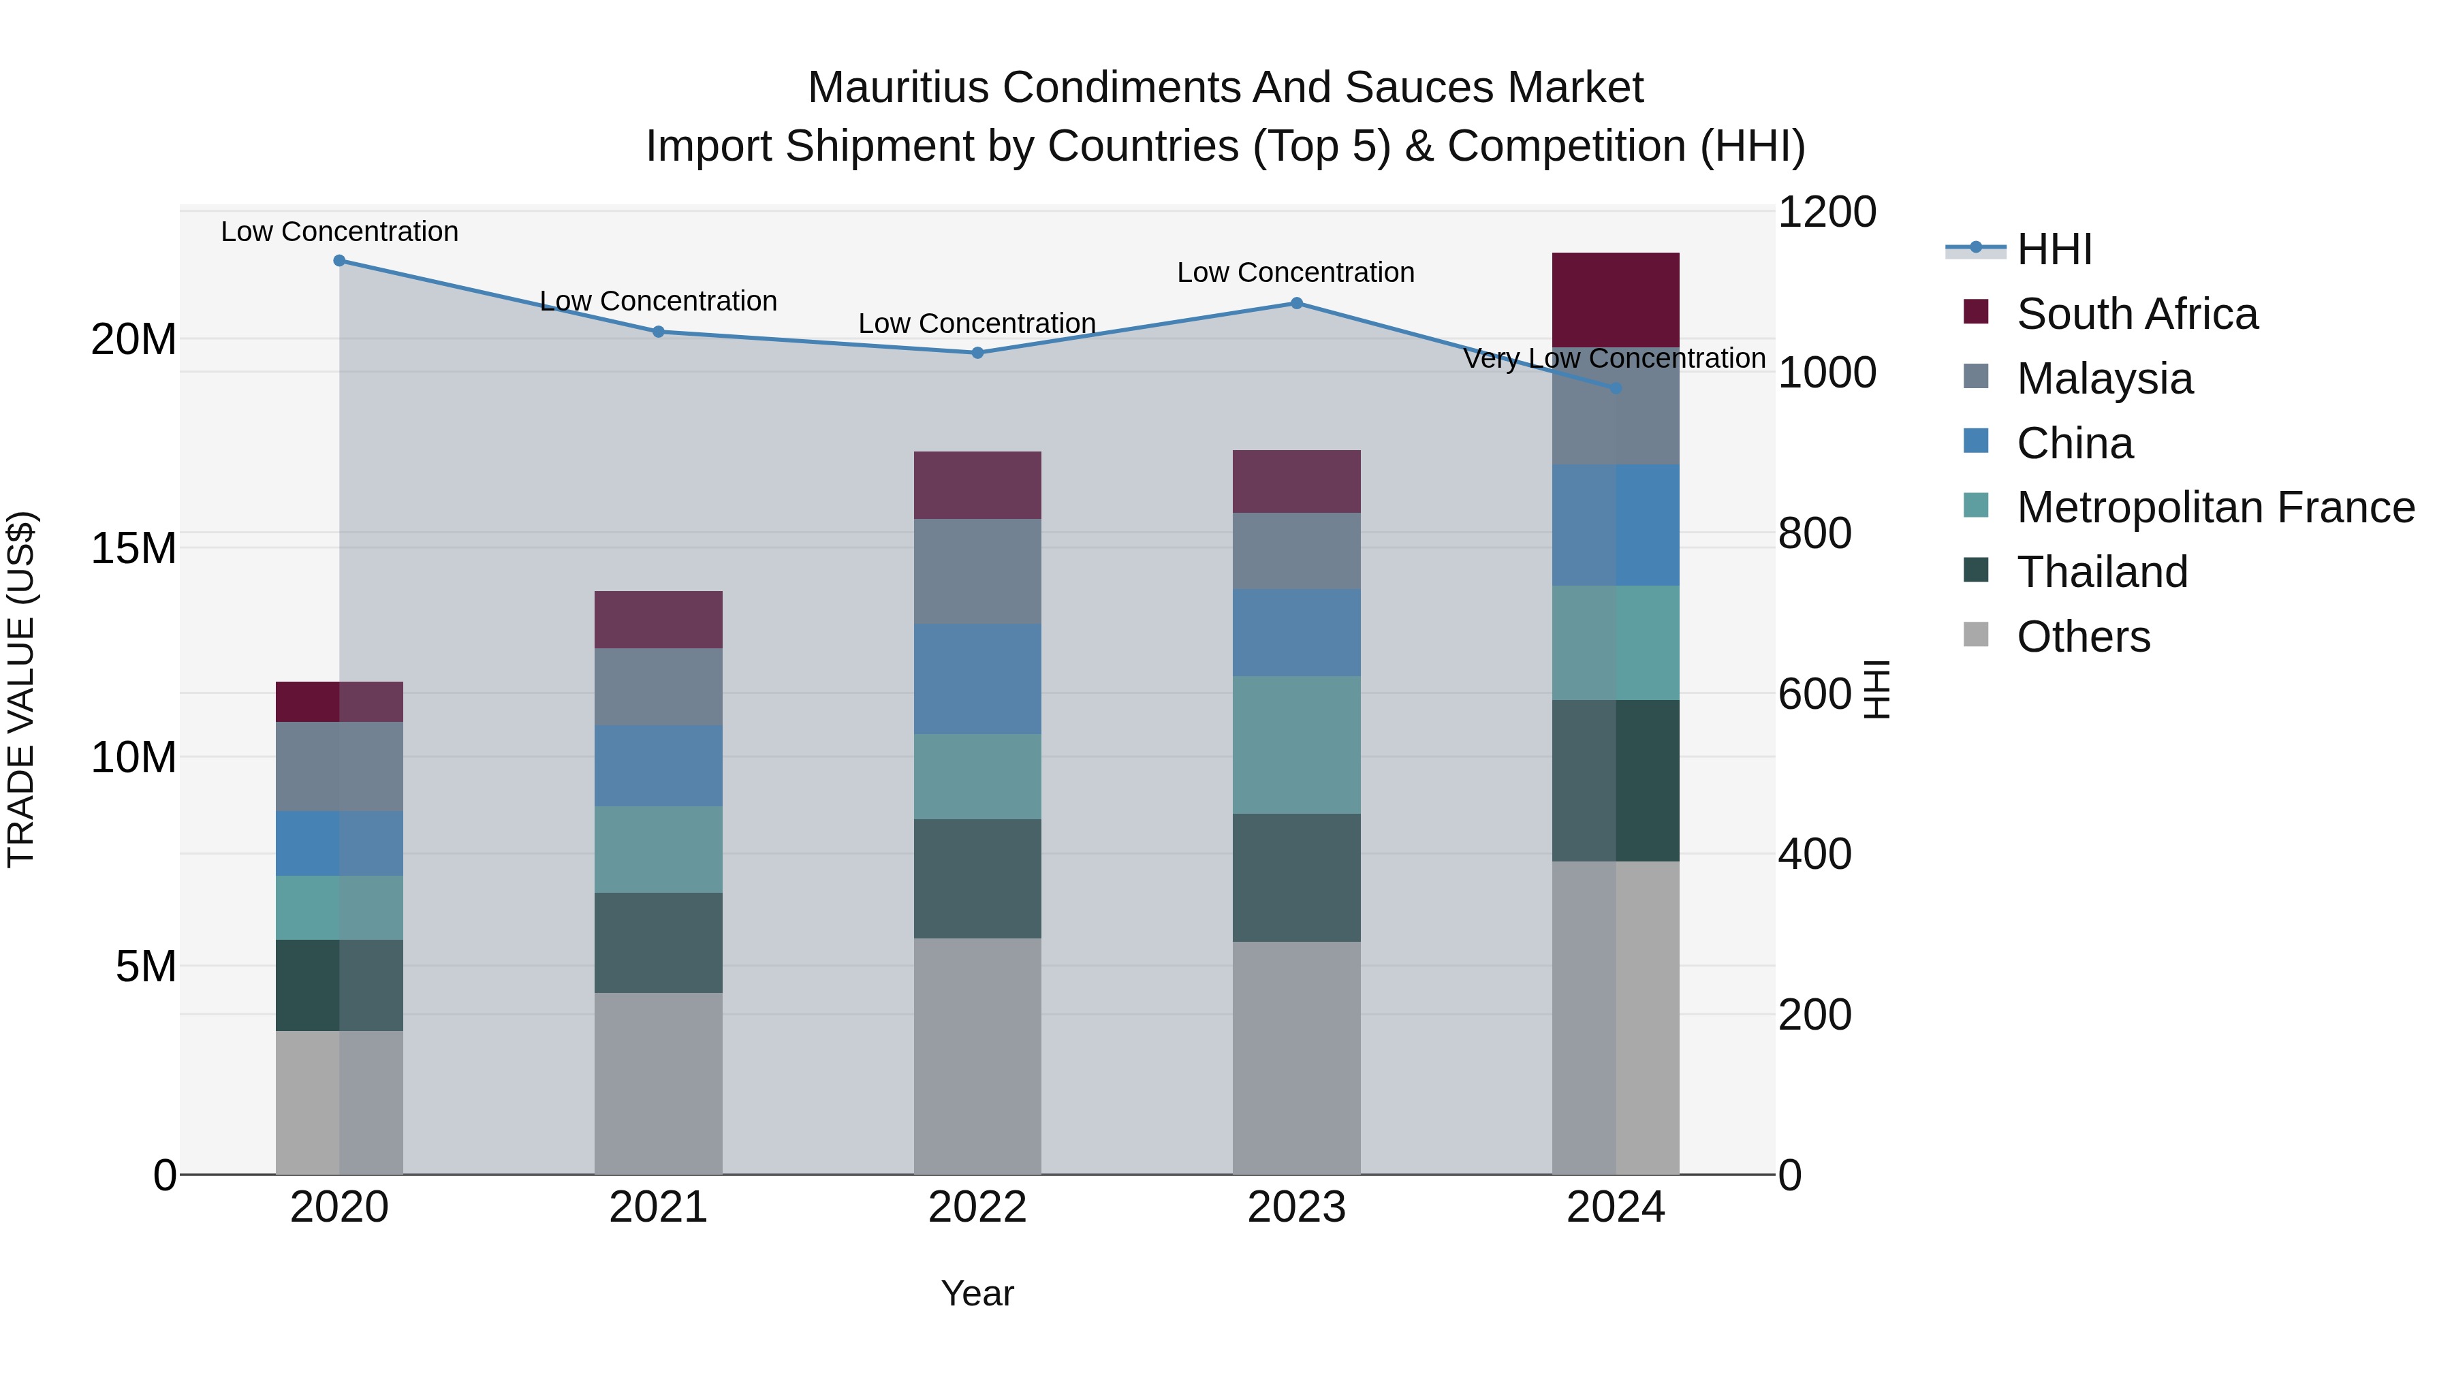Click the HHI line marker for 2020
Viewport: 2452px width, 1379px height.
coord(339,261)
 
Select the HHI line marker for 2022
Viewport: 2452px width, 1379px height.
coord(977,353)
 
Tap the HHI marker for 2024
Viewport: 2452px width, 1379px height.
coord(1616,388)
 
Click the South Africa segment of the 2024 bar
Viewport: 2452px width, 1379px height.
coord(1616,300)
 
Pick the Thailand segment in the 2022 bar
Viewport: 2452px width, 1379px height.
coord(977,878)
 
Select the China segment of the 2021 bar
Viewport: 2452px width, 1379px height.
coord(658,766)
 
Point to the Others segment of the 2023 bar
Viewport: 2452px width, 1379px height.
coord(1296,1058)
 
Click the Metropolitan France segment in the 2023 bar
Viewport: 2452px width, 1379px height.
coord(1296,745)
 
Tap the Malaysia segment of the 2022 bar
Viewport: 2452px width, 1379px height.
coord(977,571)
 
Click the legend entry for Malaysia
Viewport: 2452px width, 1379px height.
coord(2105,379)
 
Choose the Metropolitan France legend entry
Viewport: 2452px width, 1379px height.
coord(2215,508)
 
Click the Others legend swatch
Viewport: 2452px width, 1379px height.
coord(1976,635)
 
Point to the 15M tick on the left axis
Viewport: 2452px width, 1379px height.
coord(133,548)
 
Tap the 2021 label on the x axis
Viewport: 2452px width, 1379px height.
coord(658,1207)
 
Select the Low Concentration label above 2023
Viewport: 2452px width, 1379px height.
coord(1295,273)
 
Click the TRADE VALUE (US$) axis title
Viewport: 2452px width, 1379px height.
coord(21,689)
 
